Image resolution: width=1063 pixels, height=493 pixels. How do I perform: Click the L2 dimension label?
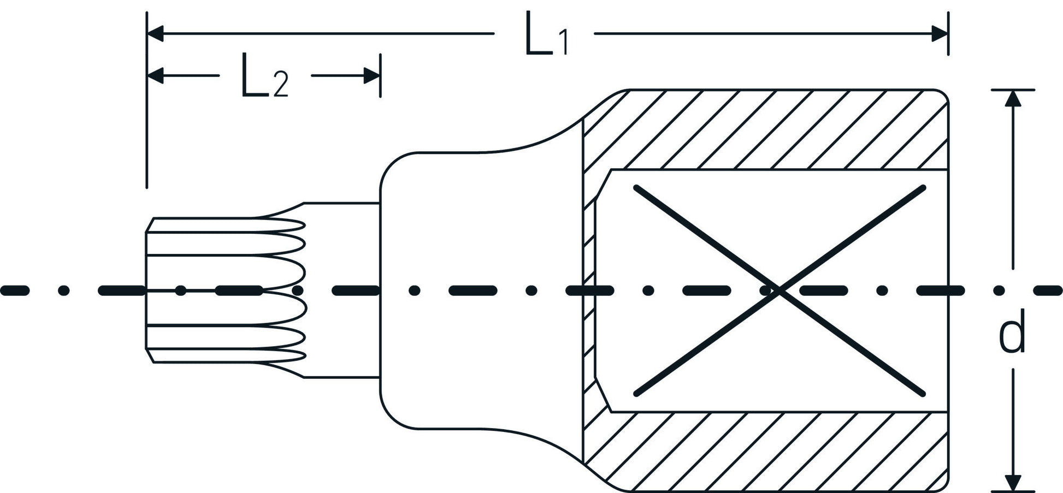point(264,82)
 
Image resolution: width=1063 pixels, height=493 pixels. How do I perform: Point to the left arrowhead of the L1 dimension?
point(156,33)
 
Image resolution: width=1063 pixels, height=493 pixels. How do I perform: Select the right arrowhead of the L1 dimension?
point(940,33)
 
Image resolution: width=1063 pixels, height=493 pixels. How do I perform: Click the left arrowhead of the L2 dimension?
point(156,76)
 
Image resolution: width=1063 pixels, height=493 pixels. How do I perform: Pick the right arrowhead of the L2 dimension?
point(372,76)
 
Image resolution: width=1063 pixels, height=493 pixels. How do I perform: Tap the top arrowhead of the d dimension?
point(1013,98)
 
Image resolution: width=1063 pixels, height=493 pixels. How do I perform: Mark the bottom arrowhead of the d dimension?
point(1013,483)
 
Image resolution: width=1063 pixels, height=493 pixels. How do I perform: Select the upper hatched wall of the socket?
point(765,129)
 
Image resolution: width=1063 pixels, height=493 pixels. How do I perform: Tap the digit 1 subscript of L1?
point(562,43)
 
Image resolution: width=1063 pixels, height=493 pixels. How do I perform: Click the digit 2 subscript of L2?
point(280,88)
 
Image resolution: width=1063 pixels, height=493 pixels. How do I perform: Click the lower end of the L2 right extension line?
point(380,96)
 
